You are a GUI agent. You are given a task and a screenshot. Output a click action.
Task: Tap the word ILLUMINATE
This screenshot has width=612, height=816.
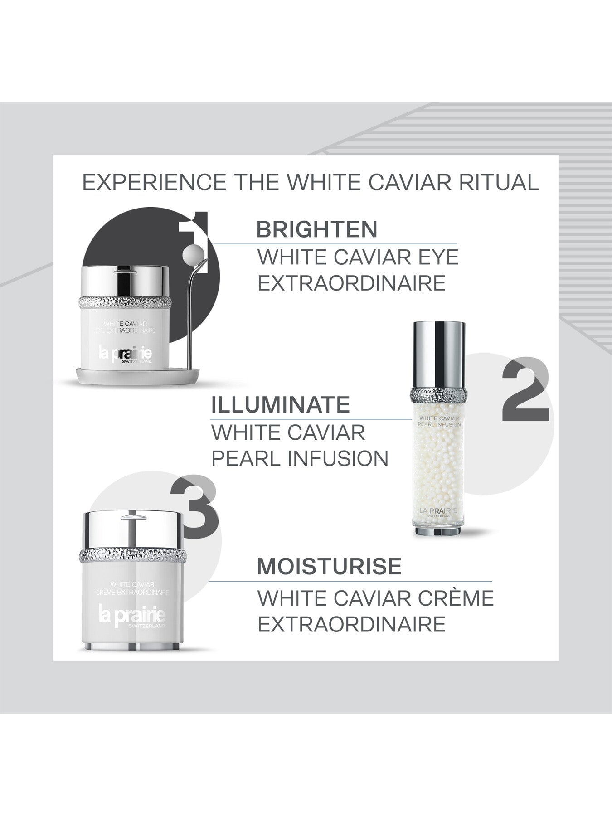280,404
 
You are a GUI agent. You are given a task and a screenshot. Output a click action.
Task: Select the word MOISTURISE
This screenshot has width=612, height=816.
329,567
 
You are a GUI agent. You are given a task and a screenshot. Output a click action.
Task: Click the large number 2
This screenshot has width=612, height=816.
525,390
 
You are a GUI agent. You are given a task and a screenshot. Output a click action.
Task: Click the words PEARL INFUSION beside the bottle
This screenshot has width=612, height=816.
300,458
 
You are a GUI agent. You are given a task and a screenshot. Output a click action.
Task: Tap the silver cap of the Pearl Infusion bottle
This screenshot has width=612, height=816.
438,354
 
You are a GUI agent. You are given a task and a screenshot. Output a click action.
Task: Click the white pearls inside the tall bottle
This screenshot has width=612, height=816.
438,467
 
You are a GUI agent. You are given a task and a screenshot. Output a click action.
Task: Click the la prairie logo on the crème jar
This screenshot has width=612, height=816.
132,617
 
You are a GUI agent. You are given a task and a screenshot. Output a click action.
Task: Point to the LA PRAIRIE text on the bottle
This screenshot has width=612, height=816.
438,510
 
